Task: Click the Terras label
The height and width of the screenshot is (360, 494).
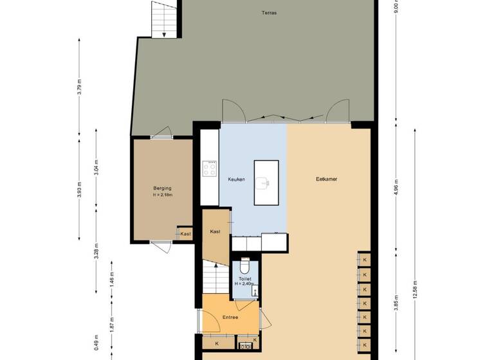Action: [269, 13]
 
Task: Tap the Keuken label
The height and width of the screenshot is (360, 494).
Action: [236, 179]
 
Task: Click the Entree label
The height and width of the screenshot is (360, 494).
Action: [230, 318]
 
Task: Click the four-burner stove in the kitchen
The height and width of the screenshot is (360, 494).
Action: [210, 169]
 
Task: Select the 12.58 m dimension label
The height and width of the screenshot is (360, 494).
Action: [416, 291]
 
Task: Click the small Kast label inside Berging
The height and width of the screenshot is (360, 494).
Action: [185, 234]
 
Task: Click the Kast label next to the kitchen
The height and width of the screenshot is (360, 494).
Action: [215, 231]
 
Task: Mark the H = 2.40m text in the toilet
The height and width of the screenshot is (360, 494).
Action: [244, 283]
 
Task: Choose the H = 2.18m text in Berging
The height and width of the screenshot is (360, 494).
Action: [163, 195]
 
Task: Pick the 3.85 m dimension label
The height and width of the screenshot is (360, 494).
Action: [396, 302]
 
